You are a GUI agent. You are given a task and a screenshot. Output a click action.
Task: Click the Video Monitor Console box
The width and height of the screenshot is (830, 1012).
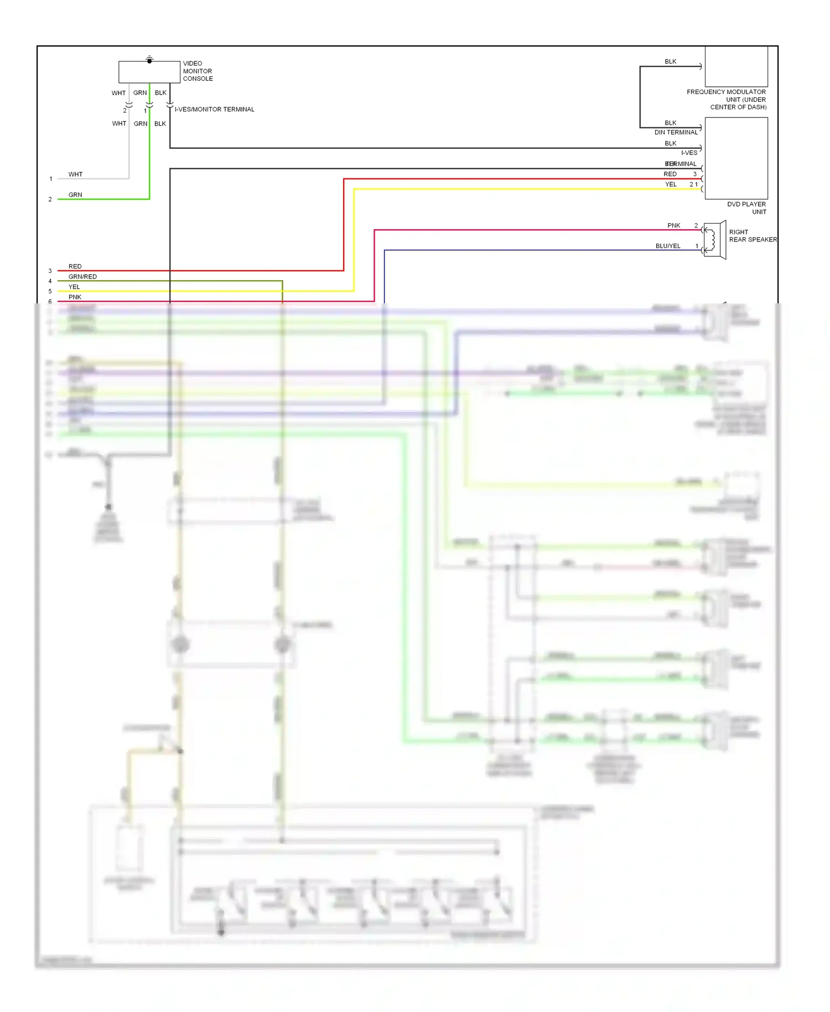pos(149,73)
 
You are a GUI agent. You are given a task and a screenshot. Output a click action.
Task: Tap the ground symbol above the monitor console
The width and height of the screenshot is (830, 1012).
pos(149,58)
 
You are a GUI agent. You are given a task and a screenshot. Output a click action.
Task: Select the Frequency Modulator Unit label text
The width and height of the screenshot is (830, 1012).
pos(726,99)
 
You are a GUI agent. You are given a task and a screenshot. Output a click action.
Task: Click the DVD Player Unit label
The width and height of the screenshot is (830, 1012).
pos(746,208)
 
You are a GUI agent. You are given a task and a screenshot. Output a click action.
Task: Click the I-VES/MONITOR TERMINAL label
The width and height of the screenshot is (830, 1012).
pos(215,109)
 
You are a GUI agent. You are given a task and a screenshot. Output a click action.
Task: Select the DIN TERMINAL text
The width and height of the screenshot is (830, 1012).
pos(676,132)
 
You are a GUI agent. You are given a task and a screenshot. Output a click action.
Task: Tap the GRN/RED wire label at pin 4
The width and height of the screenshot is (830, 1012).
pos(82,276)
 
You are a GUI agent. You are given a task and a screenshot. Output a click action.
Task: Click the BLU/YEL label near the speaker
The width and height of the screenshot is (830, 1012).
pos(668,246)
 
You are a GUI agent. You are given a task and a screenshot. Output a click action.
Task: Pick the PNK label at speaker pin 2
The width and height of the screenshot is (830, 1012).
pos(673,225)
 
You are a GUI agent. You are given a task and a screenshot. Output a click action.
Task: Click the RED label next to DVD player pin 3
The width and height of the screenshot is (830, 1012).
pos(670,174)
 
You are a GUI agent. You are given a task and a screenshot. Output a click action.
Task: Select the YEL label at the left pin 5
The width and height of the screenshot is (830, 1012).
pos(74,287)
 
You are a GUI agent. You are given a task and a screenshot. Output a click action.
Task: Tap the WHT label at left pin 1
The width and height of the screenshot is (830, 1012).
pos(75,174)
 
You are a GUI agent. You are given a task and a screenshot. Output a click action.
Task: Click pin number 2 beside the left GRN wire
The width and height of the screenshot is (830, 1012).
pos(50,199)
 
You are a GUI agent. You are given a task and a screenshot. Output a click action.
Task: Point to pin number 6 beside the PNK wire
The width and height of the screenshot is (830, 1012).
pos(50,302)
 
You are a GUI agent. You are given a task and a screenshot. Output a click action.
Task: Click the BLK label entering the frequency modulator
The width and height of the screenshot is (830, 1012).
pos(670,61)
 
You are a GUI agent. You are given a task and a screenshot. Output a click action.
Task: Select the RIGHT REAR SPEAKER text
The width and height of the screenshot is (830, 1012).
pos(753,236)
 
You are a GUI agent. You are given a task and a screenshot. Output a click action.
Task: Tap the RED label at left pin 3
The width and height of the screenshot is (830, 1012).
pos(75,266)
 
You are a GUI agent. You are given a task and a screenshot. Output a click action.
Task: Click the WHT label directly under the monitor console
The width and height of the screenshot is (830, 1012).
pos(118,93)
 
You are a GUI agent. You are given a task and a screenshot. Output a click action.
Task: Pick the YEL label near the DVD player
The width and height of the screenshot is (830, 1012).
pos(671,184)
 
